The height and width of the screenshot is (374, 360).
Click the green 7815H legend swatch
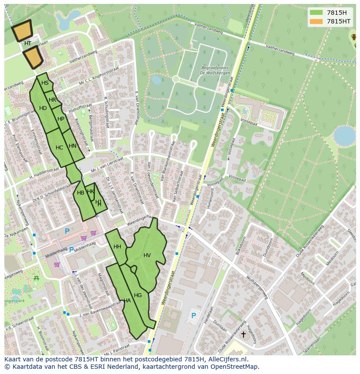click(316, 12)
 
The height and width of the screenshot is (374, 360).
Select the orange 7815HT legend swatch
click(316, 21)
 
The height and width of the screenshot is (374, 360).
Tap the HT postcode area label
click(28, 43)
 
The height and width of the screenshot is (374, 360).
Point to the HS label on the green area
click(45, 83)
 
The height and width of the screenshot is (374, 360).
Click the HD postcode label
click(43, 108)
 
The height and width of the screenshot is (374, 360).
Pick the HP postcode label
click(61, 119)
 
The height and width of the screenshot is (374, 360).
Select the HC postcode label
click(60, 148)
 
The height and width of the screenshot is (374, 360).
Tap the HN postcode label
click(73, 146)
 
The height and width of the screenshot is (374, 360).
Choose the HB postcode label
click(80, 193)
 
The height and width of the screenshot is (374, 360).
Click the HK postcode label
click(90, 192)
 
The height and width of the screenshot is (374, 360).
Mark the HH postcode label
click(117, 247)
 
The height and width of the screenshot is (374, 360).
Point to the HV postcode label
click(147, 255)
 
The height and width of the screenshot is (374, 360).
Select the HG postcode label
click(138, 295)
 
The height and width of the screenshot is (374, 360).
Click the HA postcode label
click(127, 300)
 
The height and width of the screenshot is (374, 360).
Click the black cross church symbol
click(243, 334)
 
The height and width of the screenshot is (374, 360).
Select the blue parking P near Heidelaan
click(193, 315)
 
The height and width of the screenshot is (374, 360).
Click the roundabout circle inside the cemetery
click(176, 79)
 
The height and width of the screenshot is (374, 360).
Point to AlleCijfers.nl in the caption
click(227, 359)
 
